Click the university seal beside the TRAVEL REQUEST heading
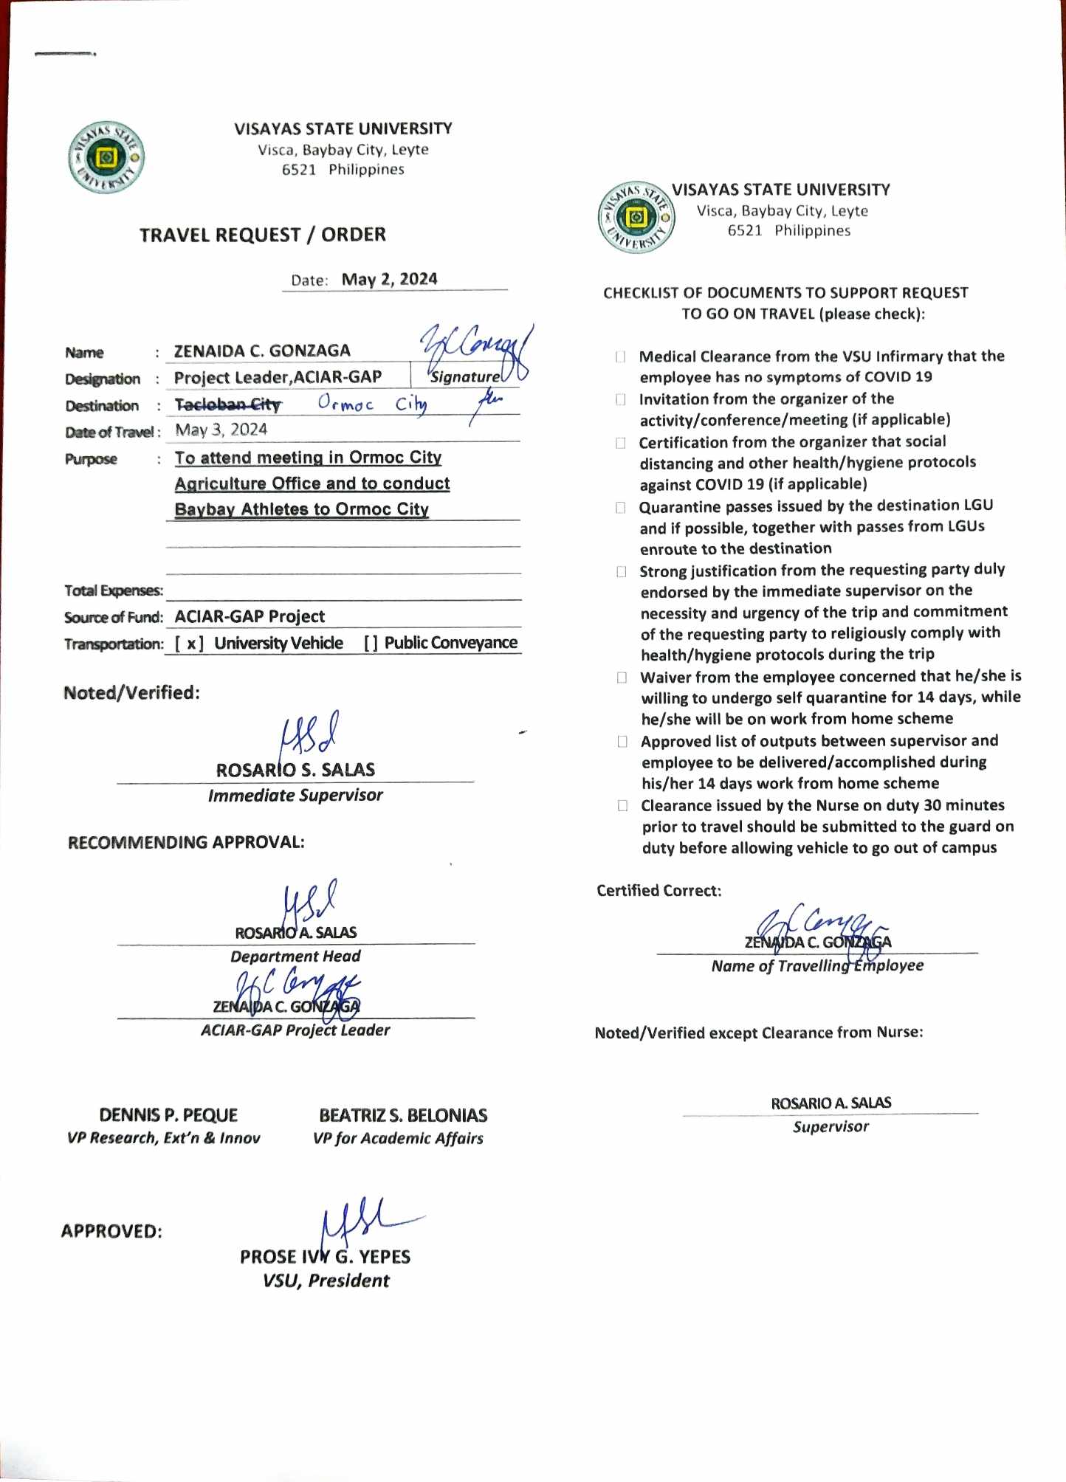tap(106, 157)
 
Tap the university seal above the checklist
tap(636, 217)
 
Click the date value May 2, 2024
tap(389, 279)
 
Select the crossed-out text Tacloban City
tap(228, 404)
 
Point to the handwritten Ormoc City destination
tap(371, 404)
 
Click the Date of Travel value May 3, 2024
tap(221, 430)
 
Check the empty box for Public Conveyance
tap(371, 644)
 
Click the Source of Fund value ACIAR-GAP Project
tap(250, 616)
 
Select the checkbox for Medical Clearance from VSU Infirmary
tap(621, 357)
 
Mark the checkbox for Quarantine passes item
tap(621, 508)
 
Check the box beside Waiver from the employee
tap(622, 678)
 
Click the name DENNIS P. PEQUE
tap(168, 1114)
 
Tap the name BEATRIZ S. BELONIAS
tap(403, 1114)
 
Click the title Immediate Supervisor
tap(295, 795)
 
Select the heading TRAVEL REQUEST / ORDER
tap(263, 235)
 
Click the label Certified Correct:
tap(658, 891)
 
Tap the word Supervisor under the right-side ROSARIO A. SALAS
tap(831, 1127)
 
